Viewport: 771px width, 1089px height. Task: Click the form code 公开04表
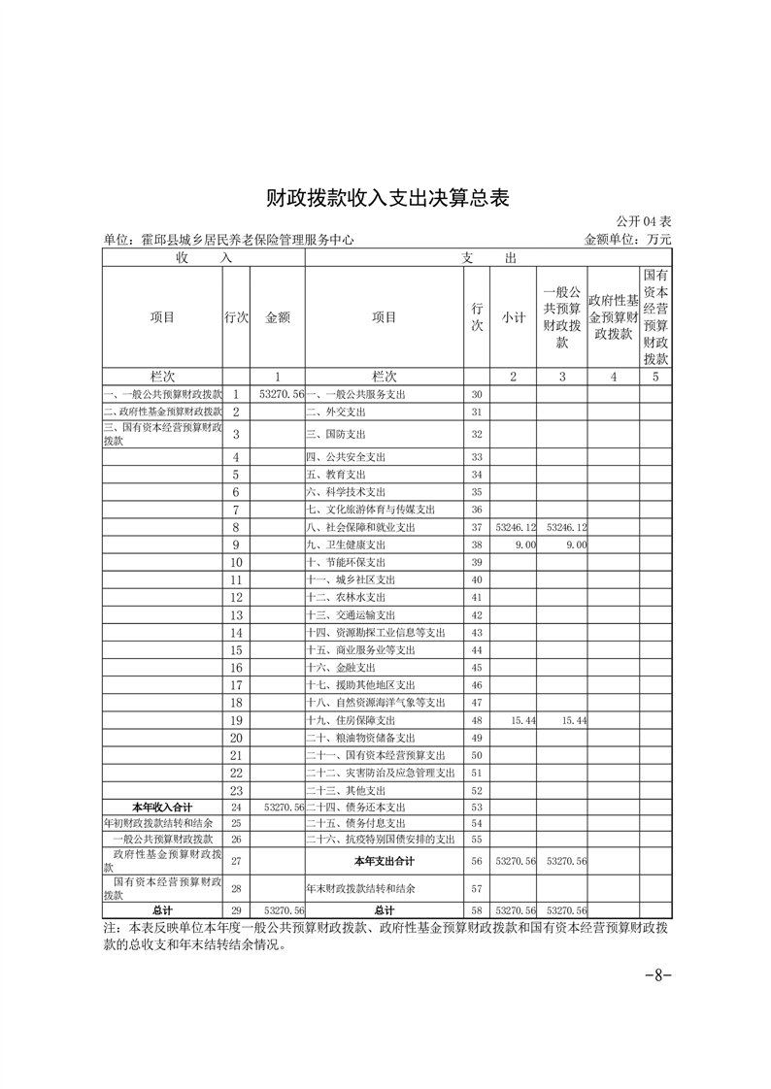click(x=644, y=222)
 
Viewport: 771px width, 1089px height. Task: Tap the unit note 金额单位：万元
click(x=627, y=239)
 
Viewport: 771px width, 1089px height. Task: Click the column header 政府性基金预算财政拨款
click(x=613, y=316)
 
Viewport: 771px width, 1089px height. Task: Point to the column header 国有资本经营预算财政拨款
click(x=655, y=316)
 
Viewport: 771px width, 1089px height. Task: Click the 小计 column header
click(x=514, y=316)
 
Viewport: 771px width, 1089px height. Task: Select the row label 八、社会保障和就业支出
click(x=360, y=527)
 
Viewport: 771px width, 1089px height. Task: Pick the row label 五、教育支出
click(x=336, y=475)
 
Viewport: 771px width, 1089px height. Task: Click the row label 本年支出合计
click(x=384, y=861)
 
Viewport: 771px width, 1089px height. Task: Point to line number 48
click(x=477, y=721)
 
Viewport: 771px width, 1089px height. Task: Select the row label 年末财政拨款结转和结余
click(x=360, y=888)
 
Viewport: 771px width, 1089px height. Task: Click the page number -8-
click(x=658, y=975)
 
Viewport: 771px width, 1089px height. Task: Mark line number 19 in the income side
click(x=235, y=721)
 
